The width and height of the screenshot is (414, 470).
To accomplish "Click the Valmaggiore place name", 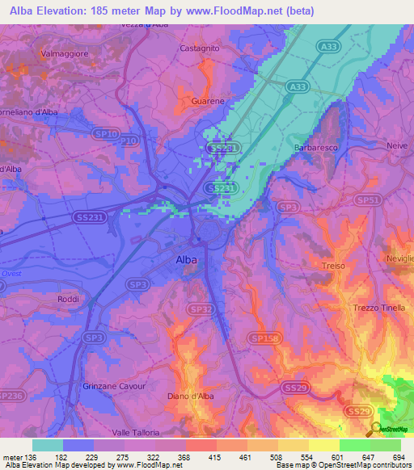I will (x=63, y=53).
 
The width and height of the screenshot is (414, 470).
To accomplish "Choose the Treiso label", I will (x=332, y=266).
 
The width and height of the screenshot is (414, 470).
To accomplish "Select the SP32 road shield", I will (x=202, y=308).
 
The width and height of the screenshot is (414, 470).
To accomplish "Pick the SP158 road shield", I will (x=263, y=338).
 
